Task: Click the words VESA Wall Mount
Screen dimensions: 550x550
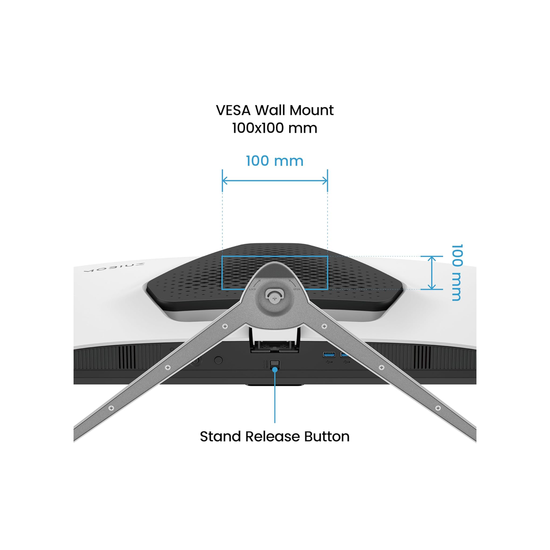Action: pos(275,110)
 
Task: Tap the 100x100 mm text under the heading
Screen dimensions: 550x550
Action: pos(275,128)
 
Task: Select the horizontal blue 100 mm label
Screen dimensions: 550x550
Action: pos(275,161)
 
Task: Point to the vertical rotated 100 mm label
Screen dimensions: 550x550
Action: pos(457,272)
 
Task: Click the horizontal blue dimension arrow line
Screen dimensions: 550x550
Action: pos(275,180)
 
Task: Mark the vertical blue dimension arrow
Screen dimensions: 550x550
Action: pos(432,272)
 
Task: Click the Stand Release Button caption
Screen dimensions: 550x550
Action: pos(275,436)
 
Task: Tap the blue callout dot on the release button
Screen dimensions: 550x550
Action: pos(275,370)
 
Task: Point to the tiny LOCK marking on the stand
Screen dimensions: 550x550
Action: pos(252,289)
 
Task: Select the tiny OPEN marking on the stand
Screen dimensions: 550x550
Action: pos(296,289)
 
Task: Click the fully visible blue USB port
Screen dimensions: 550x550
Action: pos(329,354)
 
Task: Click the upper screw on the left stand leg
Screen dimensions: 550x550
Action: pos(225,326)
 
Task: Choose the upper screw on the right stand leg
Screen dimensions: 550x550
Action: pos(324,326)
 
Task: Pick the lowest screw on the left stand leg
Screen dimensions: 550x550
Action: pos(111,408)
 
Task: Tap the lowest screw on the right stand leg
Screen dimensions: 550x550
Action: pos(438,408)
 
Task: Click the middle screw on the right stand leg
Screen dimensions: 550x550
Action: pos(381,367)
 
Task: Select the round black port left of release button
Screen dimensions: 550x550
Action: pos(218,361)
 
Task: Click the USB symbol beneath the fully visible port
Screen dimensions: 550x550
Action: pos(329,362)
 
